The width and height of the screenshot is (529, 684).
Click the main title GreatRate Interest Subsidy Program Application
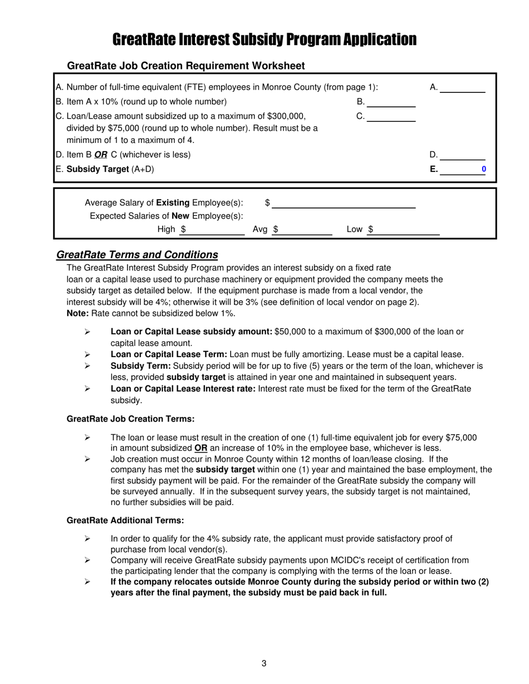coord(264,39)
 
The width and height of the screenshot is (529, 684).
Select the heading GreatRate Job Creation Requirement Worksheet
coord(185,66)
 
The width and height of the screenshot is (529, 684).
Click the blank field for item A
coord(464,87)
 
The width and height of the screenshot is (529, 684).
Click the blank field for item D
coord(464,155)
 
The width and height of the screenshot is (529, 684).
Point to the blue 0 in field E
coord(483,169)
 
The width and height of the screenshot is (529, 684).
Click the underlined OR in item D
coord(101,155)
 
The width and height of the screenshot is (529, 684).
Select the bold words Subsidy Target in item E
coord(97,169)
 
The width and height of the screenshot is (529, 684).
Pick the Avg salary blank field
coord(305,230)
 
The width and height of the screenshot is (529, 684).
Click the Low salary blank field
coord(406,230)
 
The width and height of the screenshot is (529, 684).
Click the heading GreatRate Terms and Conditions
coord(137,255)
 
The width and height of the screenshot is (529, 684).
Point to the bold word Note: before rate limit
coord(77,314)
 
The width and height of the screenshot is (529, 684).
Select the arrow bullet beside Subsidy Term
coord(87,366)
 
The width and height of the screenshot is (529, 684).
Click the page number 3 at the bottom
coord(264,663)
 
